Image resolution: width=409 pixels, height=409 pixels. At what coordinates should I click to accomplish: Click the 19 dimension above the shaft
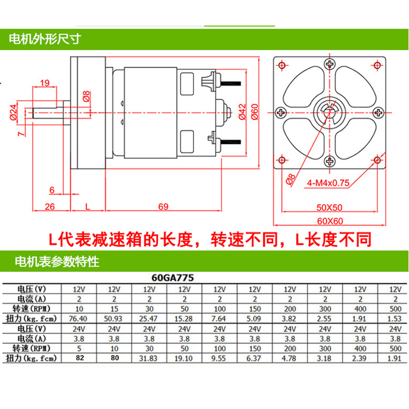(44, 82)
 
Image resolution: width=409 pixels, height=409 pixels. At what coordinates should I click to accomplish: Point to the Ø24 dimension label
(13, 111)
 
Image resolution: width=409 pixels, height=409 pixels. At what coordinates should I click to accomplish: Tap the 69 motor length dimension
(164, 207)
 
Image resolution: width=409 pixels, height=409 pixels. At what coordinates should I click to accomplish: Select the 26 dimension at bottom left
(50, 207)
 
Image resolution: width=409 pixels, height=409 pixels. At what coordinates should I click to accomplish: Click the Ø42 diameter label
(242, 111)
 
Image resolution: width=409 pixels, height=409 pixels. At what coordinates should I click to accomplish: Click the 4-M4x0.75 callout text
(328, 183)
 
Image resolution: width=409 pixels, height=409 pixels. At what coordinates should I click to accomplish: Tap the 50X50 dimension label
(328, 208)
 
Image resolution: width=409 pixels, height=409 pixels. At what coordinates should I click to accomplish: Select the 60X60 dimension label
(328, 221)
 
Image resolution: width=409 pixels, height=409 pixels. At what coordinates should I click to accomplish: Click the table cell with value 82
(79, 357)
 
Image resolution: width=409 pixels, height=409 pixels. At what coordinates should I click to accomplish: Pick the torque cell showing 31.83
(150, 357)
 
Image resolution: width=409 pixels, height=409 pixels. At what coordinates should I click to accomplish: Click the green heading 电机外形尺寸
(43, 39)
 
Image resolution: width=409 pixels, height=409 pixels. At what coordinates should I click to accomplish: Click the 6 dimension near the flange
(52, 189)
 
